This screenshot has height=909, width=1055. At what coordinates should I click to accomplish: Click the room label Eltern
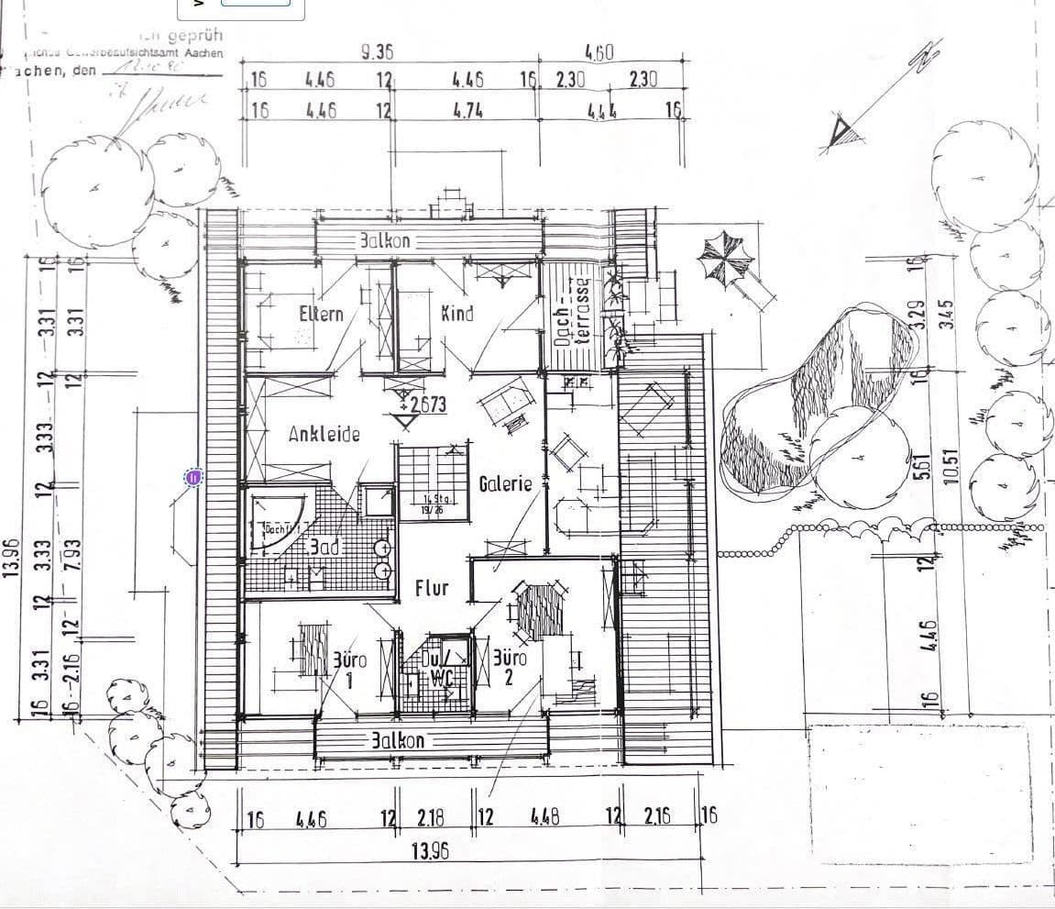point(321,314)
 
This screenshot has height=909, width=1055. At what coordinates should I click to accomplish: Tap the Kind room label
point(457,313)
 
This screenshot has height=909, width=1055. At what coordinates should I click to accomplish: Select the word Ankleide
point(324,434)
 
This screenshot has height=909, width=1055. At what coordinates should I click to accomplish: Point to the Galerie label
point(505,483)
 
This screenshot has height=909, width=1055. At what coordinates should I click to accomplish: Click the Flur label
point(431,587)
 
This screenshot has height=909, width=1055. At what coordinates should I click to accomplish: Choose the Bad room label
point(324,547)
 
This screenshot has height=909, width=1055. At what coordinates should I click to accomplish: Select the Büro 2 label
point(510,668)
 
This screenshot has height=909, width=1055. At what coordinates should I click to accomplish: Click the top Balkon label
point(385,241)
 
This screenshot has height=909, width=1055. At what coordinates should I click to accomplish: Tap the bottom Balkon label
point(398,740)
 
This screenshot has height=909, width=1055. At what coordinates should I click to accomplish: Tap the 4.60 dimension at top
point(599,52)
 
